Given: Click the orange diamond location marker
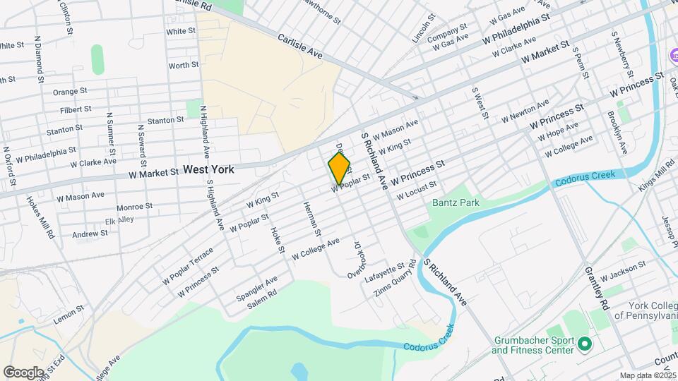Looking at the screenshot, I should (339, 169).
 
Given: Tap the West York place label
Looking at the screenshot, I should (208, 170).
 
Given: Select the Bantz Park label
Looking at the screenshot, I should (456, 203).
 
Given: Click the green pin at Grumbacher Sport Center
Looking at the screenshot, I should (584, 344).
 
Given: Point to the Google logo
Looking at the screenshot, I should (23, 372).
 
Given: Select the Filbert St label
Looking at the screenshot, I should (76, 109).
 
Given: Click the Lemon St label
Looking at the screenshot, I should (69, 314).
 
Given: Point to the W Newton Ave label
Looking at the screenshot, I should (525, 111).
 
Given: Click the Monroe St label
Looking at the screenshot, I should (134, 207).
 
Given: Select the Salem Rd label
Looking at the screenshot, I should (261, 301).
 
